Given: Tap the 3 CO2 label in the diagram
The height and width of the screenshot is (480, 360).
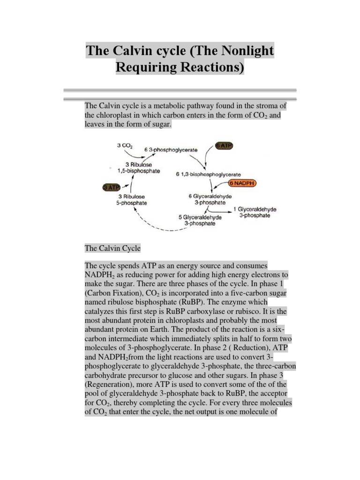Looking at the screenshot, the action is pos(124,146).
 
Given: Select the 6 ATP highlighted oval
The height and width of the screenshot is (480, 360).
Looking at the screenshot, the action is pos(224,146).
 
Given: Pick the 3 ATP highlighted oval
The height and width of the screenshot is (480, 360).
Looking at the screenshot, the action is pos(111,187).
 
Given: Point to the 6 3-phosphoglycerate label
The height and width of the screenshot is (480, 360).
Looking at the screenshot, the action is pos(171,150).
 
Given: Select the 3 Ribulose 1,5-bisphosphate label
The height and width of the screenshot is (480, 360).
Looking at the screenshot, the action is pos(139,167).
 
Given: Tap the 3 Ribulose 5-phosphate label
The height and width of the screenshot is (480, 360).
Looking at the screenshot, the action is pos(133,200).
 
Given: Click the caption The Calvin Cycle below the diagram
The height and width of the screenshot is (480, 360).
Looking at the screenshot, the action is pos(112,248).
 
